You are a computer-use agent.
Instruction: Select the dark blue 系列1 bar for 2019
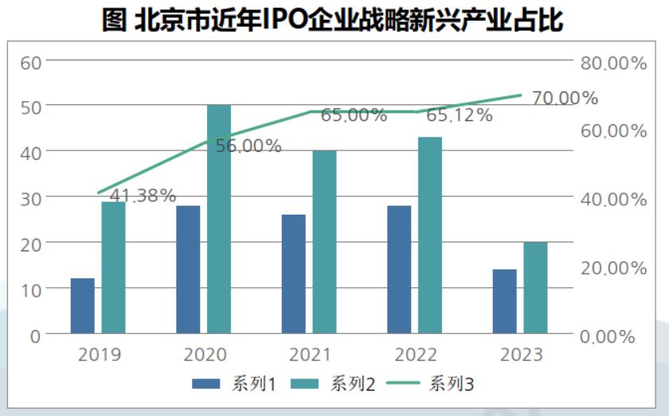(82, 305)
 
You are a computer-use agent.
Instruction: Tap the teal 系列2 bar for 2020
(219, 219)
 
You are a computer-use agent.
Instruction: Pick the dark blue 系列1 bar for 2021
(293, 274)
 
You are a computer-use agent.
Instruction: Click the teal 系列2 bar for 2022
(430, 235)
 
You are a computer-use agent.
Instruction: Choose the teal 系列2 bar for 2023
(535, 287)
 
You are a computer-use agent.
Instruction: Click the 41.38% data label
(143, 196)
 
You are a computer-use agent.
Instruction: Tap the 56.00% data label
(248, 146)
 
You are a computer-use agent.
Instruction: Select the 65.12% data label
(460, 115)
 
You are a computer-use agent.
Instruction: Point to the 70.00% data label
(565, 98)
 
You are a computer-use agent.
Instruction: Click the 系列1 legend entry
(234, 385)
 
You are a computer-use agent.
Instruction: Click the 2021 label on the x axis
(311, 354)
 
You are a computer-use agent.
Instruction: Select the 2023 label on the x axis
(522, 354)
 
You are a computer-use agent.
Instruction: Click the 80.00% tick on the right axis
(612, 64)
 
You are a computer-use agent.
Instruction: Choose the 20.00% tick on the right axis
(612, 269)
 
